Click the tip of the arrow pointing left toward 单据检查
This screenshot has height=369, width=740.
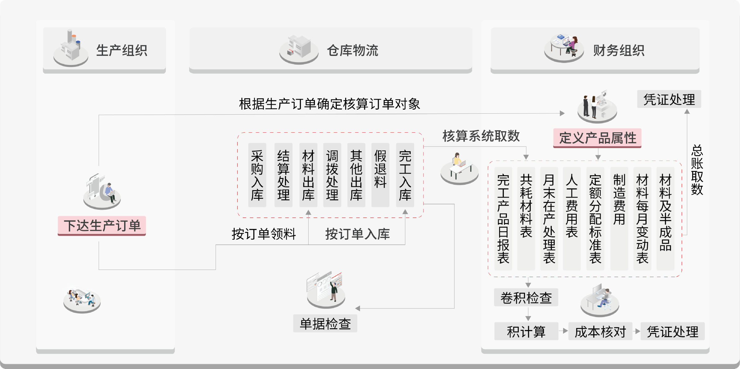click(355, 308)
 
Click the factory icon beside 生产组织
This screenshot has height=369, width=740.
click(71, 48)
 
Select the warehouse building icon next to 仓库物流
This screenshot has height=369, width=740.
click(299, 49)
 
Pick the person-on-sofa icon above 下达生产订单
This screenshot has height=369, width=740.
click(102, 191)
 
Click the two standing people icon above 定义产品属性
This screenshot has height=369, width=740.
click(597, 107)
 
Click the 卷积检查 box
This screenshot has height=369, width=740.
click(526, 298)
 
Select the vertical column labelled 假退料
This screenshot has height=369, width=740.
click(380, 175)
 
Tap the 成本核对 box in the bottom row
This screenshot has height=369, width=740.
click(600, 331)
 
